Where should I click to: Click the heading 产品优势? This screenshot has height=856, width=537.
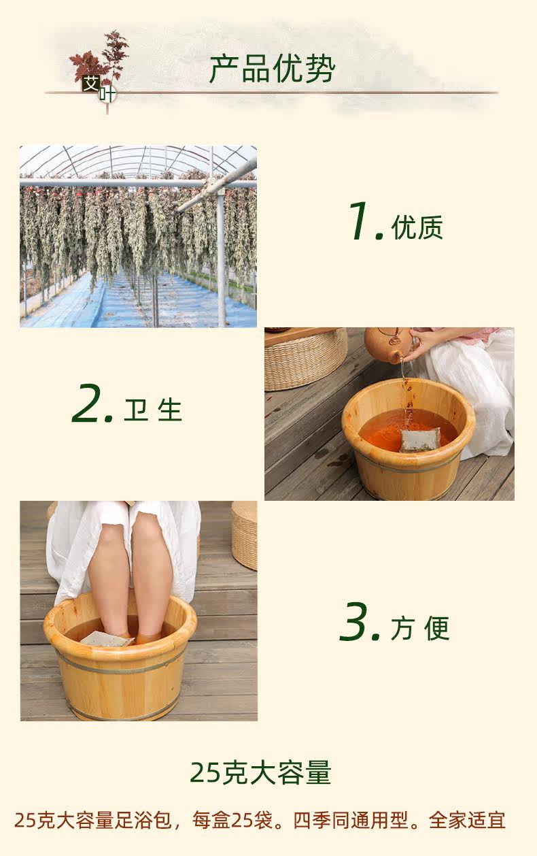coord(272,69)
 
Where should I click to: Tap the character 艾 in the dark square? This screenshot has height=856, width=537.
coord(92,83)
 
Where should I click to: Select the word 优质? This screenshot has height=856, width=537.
coord(417,228)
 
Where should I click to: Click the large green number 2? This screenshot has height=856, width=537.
coord(86,403)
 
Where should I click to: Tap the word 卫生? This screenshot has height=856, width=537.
coord(153,410)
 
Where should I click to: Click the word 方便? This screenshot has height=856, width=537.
coord(420,628)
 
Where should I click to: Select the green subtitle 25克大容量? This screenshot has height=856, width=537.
coord(260,773)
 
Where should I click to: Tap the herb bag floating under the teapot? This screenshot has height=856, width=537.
coord(420,439)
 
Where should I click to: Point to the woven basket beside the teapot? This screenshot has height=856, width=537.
coord(305,359)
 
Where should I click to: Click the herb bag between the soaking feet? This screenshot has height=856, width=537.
coord(106,638)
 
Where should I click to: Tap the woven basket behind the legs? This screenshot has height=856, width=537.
coord(244,535)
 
